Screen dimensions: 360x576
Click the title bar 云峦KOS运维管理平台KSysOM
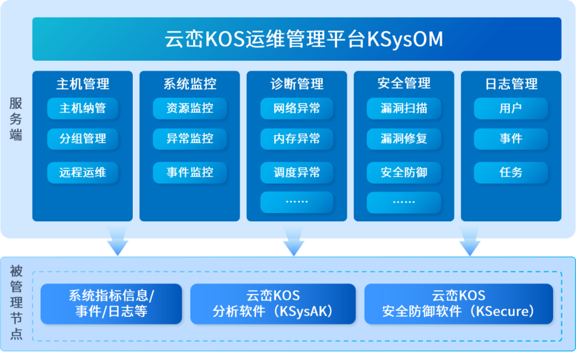[x=297, y=39]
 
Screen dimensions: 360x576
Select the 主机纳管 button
[x=83, y=109]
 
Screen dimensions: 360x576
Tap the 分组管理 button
[x=83, y=139]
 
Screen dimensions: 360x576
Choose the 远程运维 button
[x=83, y=172]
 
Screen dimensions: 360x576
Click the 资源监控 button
[x=190, y=109]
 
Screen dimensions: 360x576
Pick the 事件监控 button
[x=190, y=172]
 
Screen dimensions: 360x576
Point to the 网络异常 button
[x=297, y=109]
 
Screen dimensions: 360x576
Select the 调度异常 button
[x=297, y=172]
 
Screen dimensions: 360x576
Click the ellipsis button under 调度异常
[x=297, y=202]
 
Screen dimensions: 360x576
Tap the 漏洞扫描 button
[x=404, y=109]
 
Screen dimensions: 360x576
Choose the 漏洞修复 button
[x=404, y=139]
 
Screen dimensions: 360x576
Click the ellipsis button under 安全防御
[x=404, y=202]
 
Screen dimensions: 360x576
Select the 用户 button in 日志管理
[x=510, y=109]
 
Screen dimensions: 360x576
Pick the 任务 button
[x=510, y=172]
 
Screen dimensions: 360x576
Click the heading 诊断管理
[x=297, y=84]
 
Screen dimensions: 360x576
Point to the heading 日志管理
[x=511, y=84]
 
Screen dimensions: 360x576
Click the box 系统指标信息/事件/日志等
[x=111, y=303]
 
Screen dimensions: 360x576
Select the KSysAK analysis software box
[x=273, y=303]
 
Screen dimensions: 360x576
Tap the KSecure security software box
[x=459, y=303]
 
